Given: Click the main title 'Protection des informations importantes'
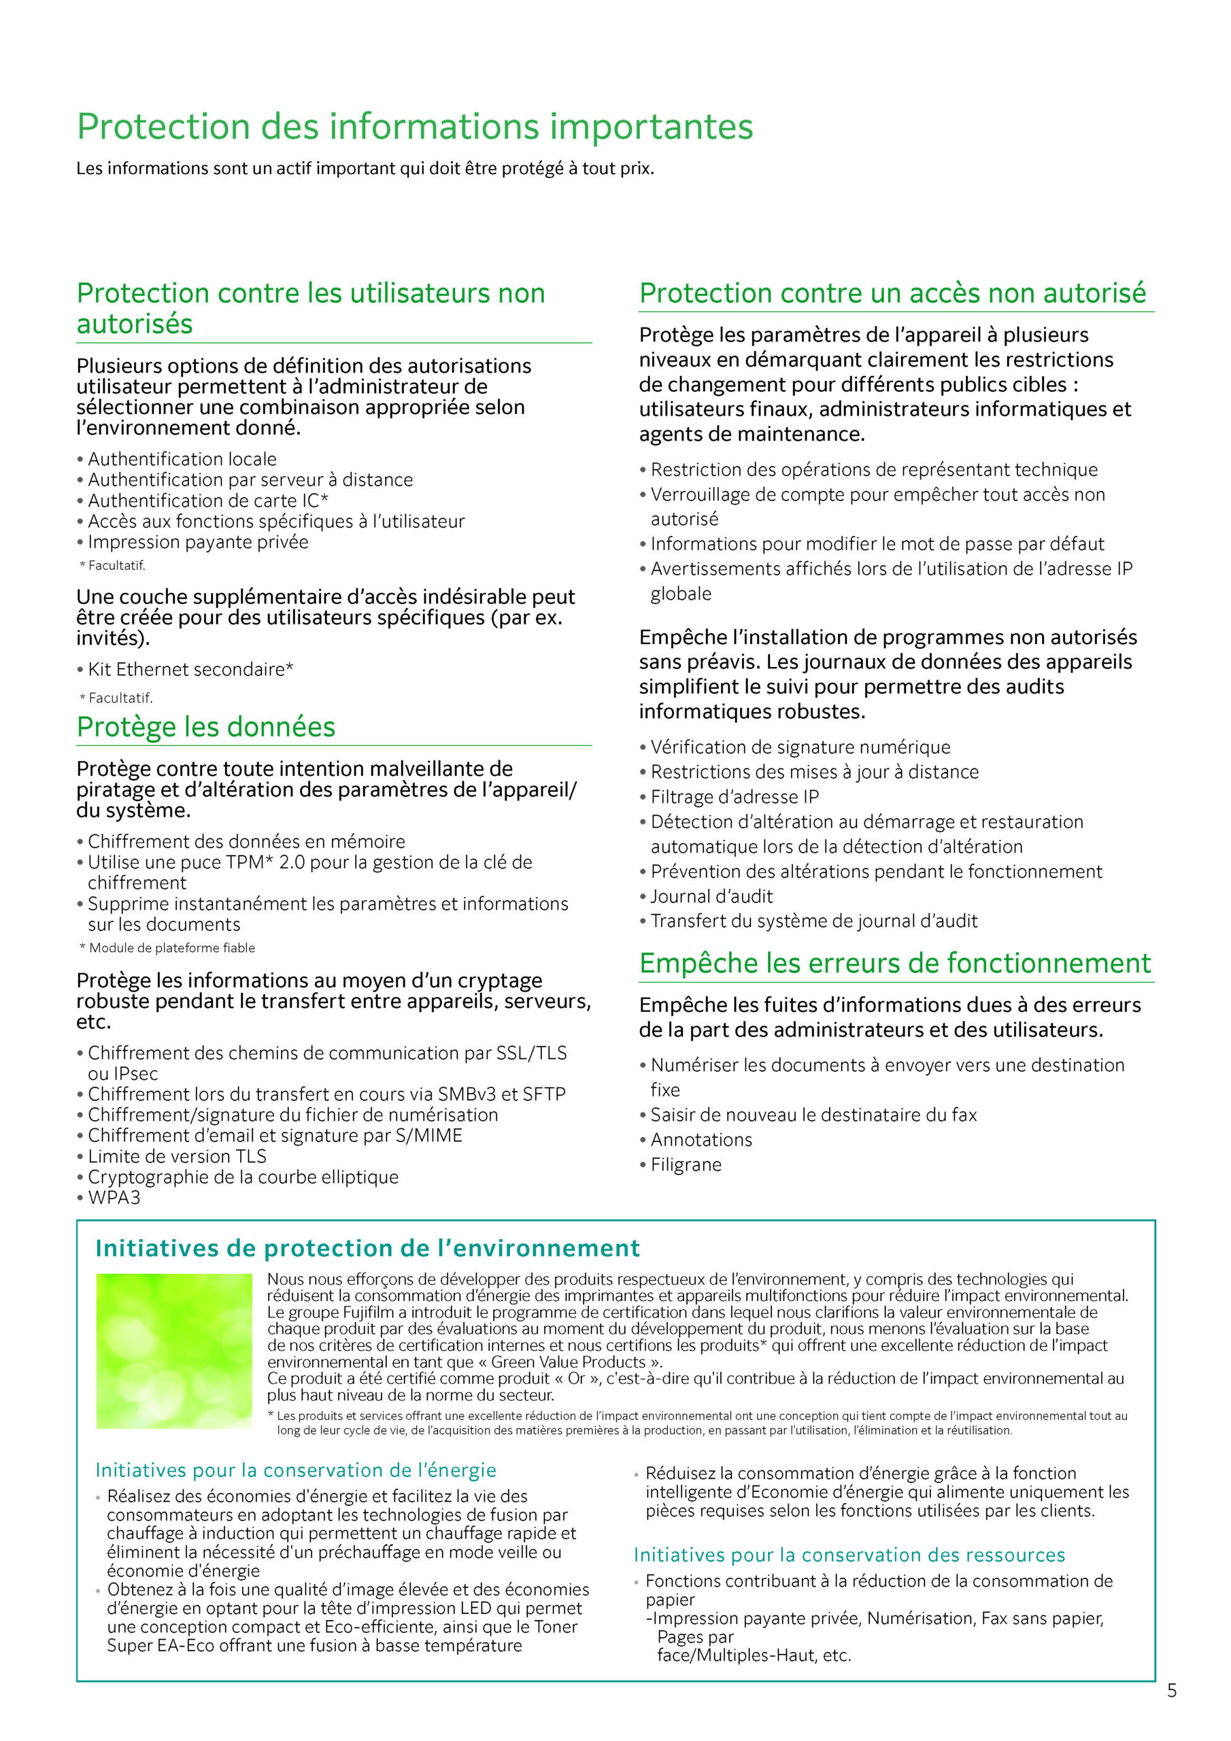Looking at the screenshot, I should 415,126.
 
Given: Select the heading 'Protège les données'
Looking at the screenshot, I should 205,726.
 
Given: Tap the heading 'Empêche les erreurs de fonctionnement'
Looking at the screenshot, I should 895,963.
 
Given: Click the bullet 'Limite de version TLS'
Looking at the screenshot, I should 177,1155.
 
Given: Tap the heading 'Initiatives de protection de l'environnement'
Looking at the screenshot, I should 367,1248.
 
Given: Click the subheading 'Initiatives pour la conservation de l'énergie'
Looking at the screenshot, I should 296,1470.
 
